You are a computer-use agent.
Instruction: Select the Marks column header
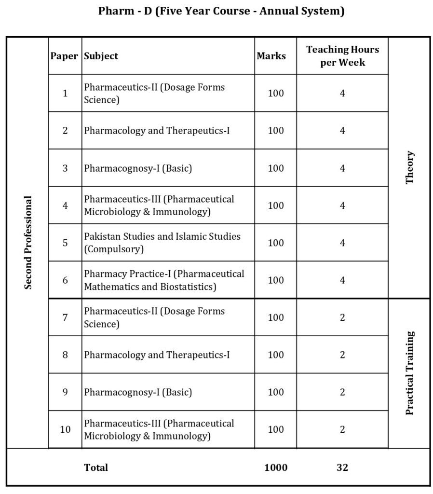271,56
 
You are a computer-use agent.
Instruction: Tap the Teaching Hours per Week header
342,56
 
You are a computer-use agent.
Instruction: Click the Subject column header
101,56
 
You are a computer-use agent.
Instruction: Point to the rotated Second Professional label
28,242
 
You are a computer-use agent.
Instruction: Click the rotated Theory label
410,167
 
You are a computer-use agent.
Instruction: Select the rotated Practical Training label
410,373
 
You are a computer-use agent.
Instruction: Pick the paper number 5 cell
65,243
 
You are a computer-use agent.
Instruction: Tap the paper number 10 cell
65,429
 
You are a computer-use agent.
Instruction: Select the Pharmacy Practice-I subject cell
164,280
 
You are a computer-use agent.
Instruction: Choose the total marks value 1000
276,467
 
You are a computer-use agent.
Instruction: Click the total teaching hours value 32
342,467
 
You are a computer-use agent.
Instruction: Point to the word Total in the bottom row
96,467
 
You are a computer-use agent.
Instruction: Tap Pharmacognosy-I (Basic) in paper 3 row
138,168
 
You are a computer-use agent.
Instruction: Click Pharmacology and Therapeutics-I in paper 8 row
157,355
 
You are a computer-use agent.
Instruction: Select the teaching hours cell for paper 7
342,317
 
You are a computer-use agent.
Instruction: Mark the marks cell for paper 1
276,93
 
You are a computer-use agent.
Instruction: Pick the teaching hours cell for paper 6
342,280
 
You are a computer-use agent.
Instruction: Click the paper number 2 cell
65,131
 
